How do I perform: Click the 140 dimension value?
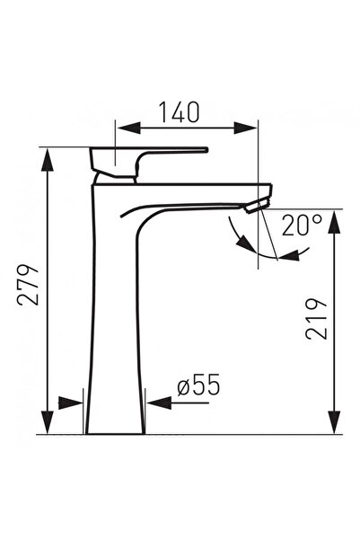(180, 112)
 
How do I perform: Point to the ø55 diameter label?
(198, 386)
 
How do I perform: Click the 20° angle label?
(301, 225)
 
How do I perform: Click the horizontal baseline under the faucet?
(180, 435)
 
